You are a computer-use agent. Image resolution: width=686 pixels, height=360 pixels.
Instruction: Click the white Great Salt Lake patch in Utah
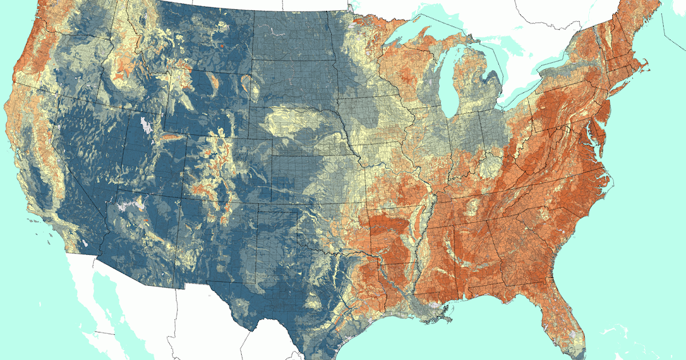(x=146, y=123)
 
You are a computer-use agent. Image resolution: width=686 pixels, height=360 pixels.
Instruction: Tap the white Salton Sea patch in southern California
(x=86, y=243)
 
